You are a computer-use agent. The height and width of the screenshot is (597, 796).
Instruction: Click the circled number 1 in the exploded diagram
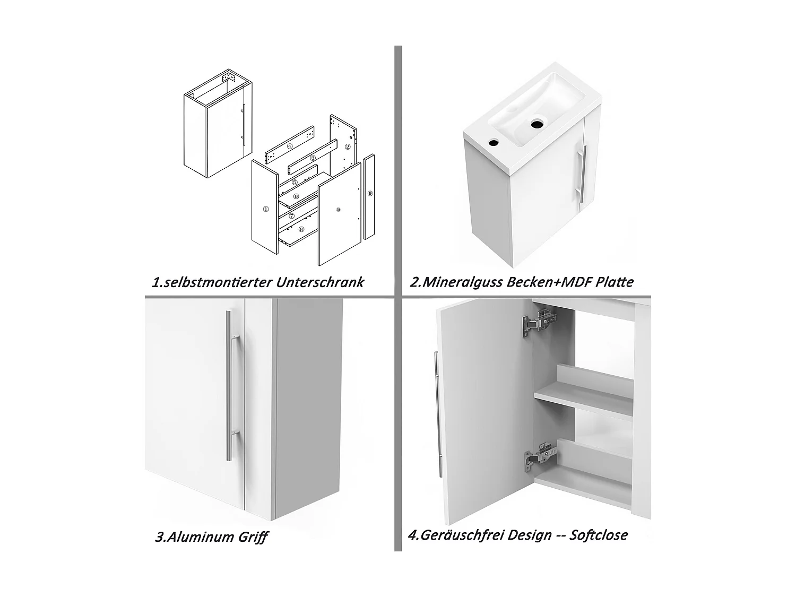coord(266,209)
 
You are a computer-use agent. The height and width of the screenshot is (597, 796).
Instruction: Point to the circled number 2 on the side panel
coord(348,147)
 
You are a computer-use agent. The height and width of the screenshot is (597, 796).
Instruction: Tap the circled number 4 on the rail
coord(290,146)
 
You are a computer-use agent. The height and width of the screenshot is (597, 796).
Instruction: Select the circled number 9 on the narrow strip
coord(370,194)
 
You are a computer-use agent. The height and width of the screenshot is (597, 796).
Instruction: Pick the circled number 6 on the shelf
coord(296,196)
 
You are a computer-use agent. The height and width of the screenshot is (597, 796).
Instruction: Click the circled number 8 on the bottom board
coord(301,229)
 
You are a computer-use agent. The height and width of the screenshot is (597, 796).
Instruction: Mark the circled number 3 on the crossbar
coord(313,158)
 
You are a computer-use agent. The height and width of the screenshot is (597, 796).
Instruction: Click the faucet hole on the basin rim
coord(493,143)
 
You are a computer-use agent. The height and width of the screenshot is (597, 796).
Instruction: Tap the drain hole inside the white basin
coord(537,124)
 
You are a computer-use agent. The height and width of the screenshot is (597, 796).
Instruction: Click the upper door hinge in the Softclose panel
coord(539,322)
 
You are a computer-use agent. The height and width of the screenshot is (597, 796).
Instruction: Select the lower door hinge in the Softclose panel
coord(540,457)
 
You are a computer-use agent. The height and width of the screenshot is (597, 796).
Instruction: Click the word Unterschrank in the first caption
coord(319,282)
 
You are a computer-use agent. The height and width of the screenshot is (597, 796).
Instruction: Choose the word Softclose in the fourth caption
coord(599,535)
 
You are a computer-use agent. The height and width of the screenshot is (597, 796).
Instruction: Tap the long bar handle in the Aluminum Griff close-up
coord(231,385)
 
